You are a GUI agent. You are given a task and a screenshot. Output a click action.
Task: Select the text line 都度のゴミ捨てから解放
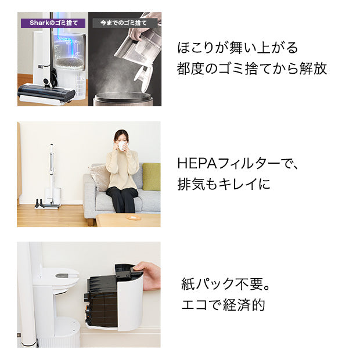click(251, 69)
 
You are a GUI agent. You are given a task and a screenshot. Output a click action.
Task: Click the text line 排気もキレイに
click(224, 185)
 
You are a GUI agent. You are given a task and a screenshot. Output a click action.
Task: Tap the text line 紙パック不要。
click(227, 285)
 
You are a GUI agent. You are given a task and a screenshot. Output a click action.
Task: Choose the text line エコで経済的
click(223, 305)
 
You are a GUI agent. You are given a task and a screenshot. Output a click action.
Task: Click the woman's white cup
click(122, 146)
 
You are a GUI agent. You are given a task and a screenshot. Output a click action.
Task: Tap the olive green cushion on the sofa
click(151, 176)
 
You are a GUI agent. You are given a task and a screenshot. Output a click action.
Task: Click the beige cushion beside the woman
click(100, 176)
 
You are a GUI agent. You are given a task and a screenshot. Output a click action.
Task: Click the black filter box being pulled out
click(105, 299)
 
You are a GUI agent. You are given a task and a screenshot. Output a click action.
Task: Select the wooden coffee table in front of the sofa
click(128, 219)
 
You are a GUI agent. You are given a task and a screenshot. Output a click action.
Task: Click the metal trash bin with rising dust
click(123, 98)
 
